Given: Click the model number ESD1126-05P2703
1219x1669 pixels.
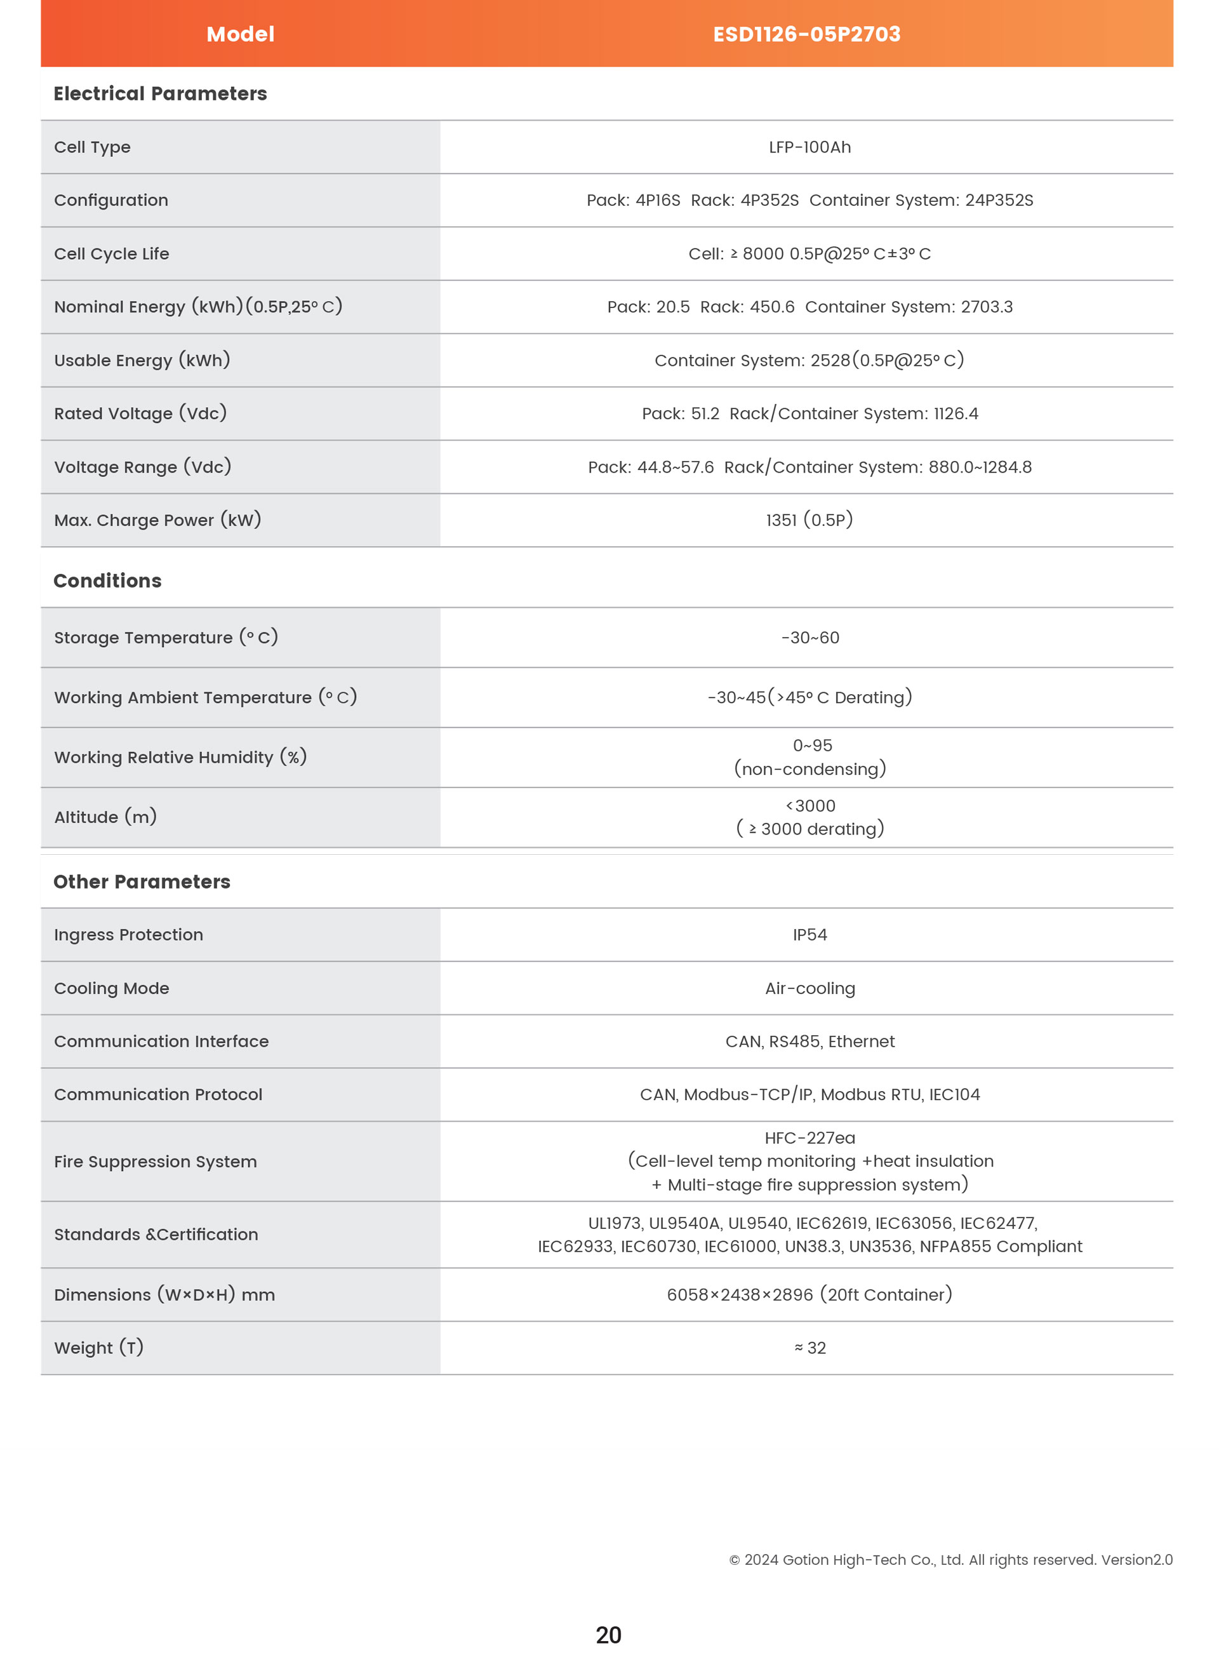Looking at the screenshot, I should (806, 34).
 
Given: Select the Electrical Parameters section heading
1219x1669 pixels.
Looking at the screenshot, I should (160, 94).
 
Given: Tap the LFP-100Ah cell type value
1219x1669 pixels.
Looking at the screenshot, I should (809, 147).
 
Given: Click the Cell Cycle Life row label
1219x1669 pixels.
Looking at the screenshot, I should (111, 254).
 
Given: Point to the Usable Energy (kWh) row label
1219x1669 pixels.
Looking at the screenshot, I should (142, 360).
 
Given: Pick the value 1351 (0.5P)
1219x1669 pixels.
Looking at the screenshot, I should (809, 520).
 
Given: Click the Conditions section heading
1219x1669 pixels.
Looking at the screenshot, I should (107, 581).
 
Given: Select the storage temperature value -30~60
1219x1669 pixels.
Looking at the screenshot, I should (809, 638).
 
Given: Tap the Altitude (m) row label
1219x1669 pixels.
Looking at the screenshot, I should (105, 817).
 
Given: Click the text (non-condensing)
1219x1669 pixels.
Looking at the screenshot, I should (809, 769).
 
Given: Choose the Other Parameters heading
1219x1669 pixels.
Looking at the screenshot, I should (142, 882).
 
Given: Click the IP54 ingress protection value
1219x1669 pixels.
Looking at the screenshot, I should (809, 935).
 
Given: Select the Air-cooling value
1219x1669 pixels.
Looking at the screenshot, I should (809, 988).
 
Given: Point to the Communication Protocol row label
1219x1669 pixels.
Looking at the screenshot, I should (158, 1095).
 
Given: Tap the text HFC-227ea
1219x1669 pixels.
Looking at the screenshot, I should (809, 1138).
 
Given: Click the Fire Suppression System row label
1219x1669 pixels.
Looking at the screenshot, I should (155, 1162).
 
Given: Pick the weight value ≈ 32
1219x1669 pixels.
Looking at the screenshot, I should (809, 1348).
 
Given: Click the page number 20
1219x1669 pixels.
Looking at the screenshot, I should (608, 1635).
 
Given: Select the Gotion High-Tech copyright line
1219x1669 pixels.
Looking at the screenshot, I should (950, 1560).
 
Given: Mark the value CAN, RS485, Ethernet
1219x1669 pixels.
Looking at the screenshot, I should (809, 1042).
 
